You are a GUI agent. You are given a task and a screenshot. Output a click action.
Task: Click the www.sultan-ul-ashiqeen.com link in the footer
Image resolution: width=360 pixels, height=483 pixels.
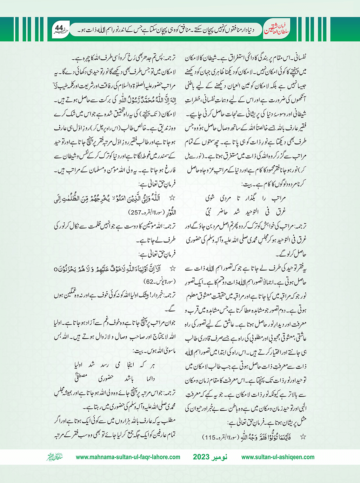[278, 457]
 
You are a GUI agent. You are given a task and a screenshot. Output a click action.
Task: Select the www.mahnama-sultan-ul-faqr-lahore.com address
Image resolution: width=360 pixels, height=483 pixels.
[128, 457]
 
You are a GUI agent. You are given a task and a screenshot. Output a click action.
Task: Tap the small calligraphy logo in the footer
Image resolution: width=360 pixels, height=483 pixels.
[53, 457]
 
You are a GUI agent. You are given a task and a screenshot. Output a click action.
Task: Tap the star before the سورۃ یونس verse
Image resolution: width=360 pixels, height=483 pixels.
[172, 269]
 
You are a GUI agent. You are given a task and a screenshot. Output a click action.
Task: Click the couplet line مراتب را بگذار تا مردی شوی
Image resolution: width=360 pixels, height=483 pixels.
[245, 198]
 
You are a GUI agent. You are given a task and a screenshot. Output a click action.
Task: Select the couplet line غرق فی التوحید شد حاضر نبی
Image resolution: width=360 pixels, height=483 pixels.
[245, 211]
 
